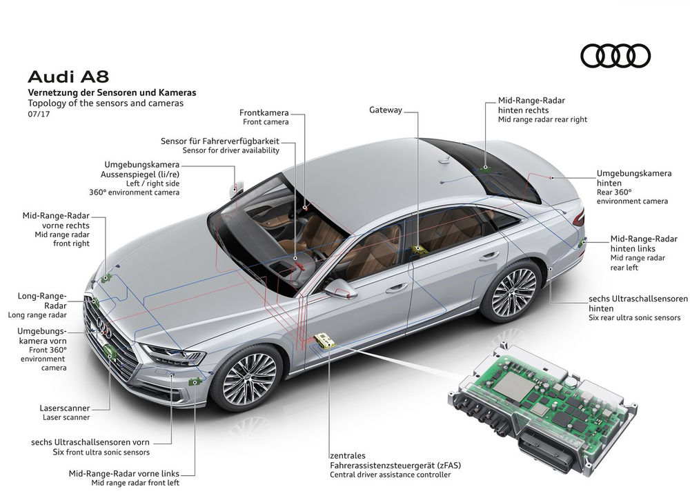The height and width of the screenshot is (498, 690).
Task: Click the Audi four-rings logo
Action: click(x=615, y=56)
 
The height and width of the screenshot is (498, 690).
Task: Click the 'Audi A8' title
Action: click(x=68, y=77)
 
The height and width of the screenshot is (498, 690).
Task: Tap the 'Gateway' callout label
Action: click(x=386, y=110)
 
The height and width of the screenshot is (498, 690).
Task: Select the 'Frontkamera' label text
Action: click(x=264, y=112)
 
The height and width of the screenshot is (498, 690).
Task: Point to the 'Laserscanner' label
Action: click(x=65, y=408)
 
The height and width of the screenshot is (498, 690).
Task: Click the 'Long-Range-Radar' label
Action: click(x=42, y=301)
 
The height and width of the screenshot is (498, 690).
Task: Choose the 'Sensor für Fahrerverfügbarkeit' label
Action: click(x=220, y=141)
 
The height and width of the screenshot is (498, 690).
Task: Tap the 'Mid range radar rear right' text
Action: click(x=542, y=119)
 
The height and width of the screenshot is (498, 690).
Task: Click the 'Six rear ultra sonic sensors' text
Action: click(x=635, y=317)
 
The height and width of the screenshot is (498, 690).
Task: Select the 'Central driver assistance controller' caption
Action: click(x=391, y=475)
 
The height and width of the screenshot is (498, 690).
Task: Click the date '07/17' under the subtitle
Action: click(x=39, y=114)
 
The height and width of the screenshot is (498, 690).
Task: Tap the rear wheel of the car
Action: click(x=513, y=290)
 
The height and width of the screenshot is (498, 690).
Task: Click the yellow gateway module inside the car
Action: click(x=417, y=249)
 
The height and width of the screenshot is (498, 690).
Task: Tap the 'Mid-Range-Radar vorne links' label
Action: click(x=124, y=473)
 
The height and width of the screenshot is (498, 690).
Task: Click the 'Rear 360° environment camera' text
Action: click(x=632, y=197)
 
